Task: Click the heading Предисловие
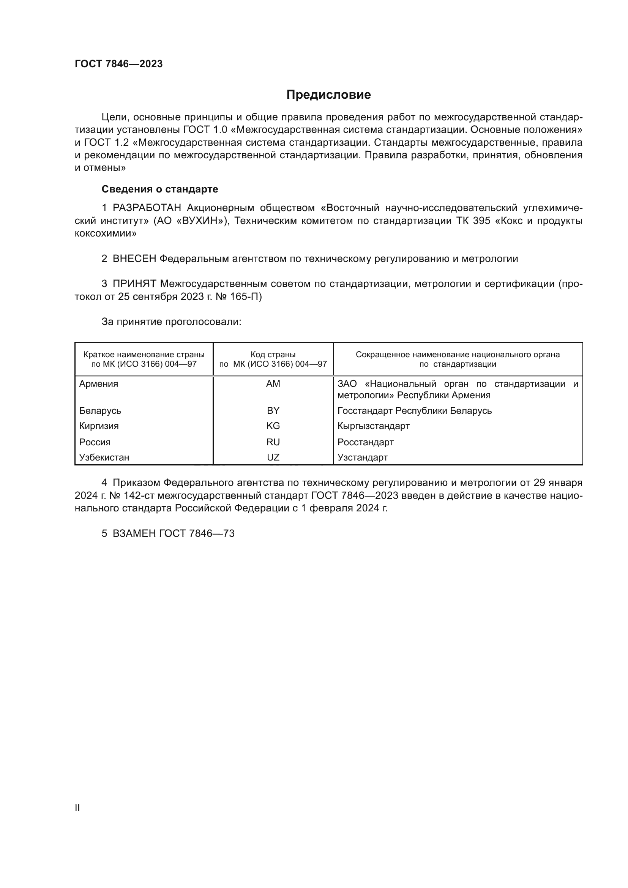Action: (328, 95)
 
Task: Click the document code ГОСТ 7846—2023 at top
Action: (119, 64)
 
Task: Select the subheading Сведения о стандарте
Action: (160, 189)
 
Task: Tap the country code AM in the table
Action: (273, 384)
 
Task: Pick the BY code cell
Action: (273, 411)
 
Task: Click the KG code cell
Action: (273, 426)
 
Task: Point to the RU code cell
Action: (273, 442)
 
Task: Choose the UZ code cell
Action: (273, 457)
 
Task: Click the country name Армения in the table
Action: (99, 384)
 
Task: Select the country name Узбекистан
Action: (104, 457)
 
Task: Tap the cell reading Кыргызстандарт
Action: (373, 426)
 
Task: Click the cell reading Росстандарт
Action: (365, 442)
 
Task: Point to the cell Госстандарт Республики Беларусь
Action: (414, 411)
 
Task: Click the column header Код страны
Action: (273, 355)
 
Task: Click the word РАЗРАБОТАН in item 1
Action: (147, 208)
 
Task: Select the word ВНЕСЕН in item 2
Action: (134, 259)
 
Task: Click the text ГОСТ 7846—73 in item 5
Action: (197, 534)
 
